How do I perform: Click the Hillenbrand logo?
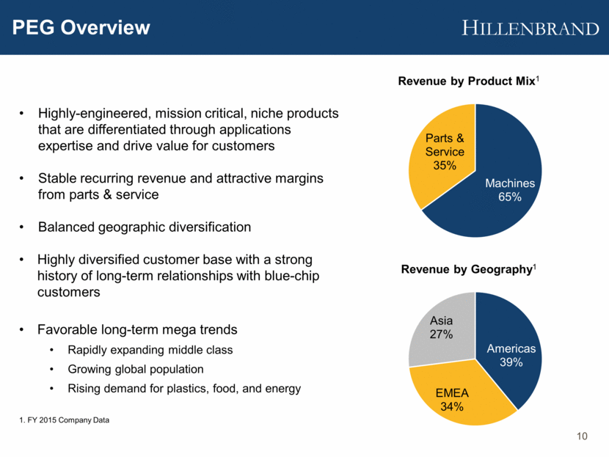[530, 29]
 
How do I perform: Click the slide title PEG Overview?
[81, 29]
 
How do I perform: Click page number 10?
[583, 438]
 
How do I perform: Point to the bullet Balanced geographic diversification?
[145, 227]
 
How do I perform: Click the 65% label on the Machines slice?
[510, 197]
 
